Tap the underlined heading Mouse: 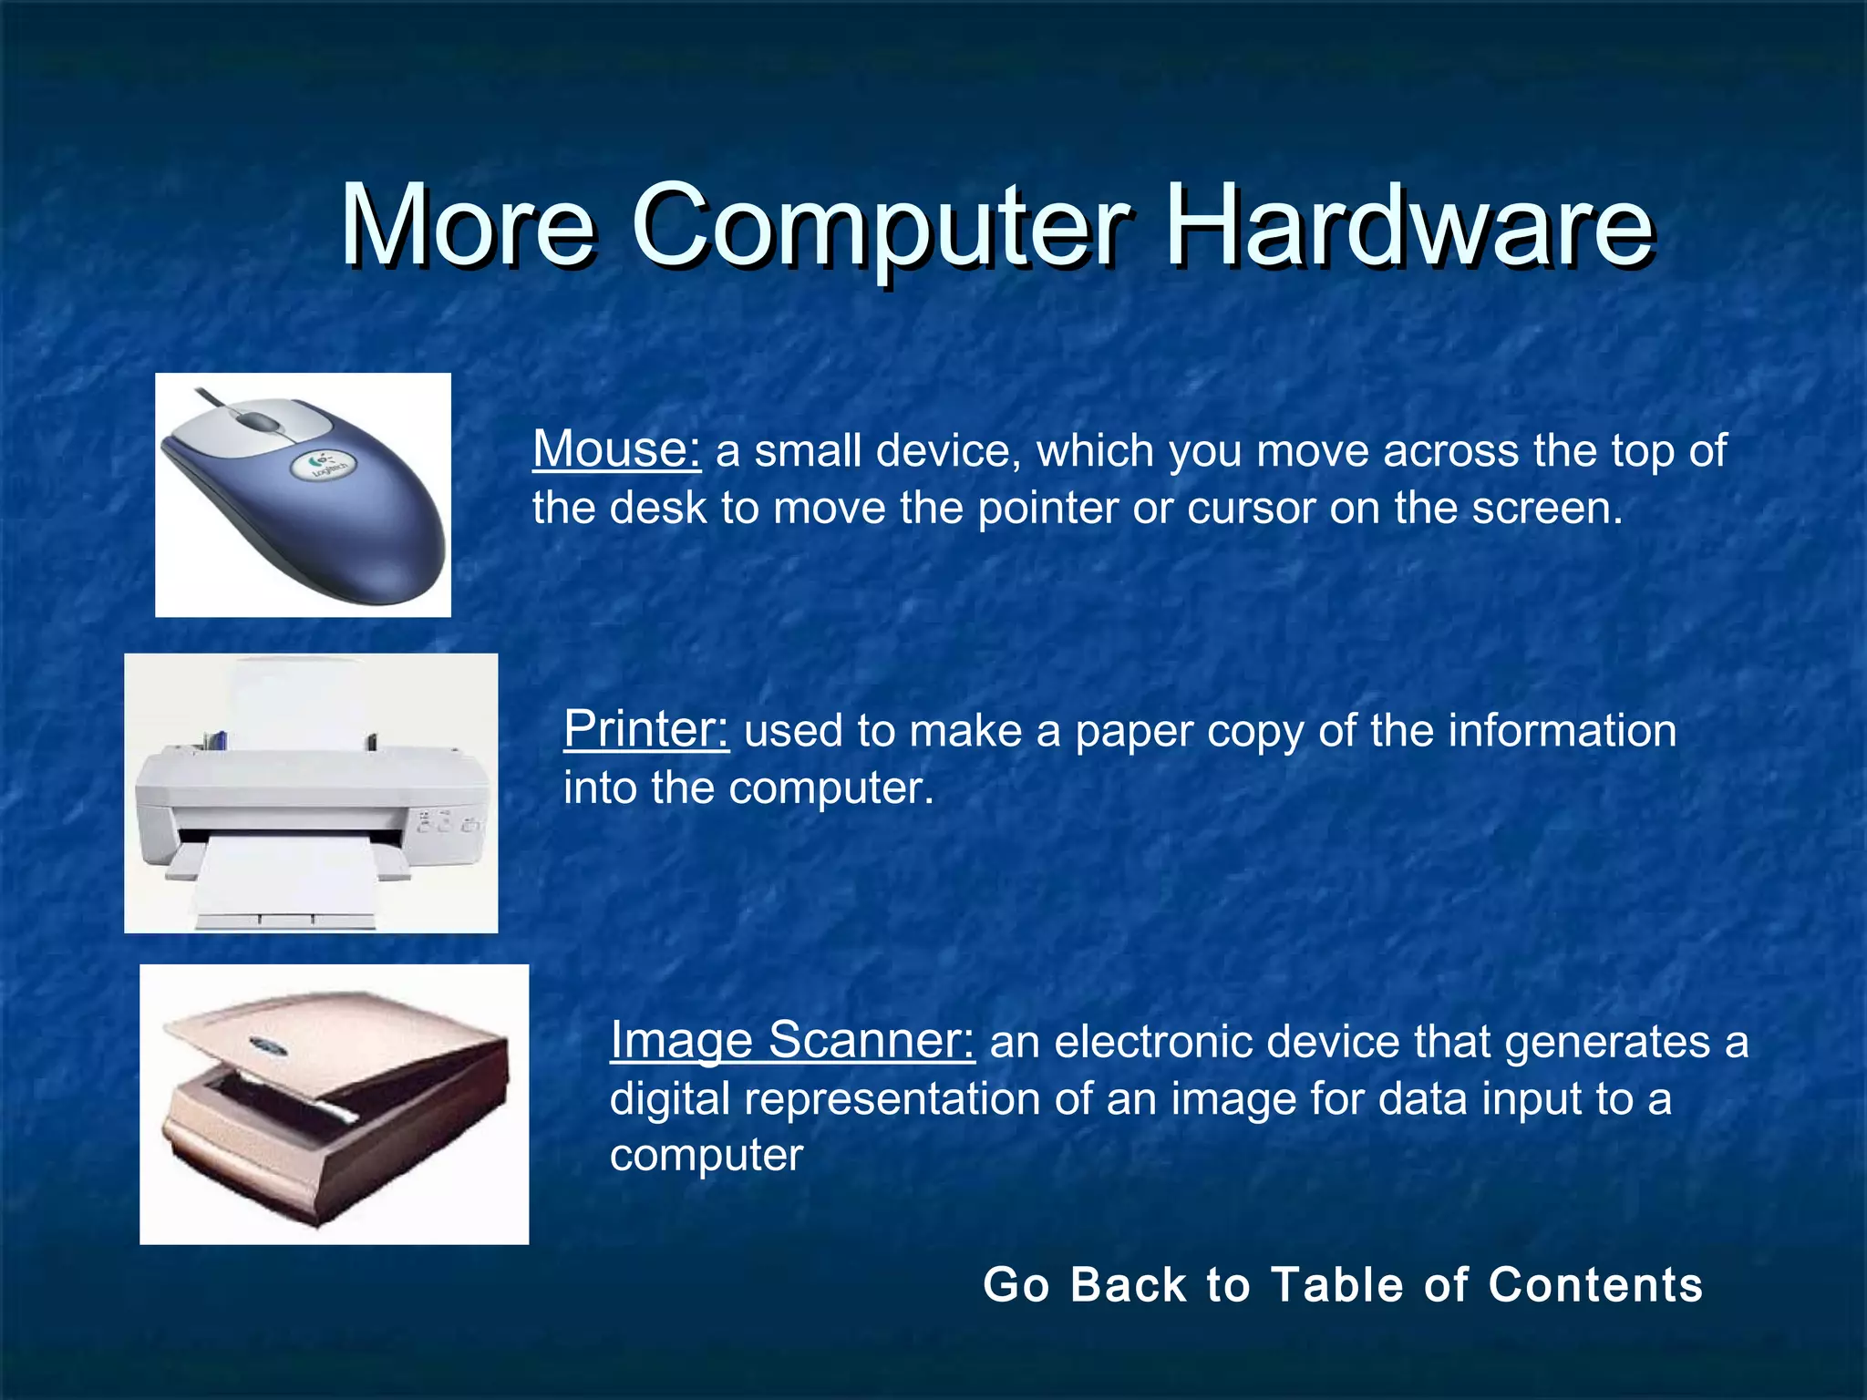coord(616,449)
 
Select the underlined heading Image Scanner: coord(791,1040)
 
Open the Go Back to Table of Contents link coord(1342,1284)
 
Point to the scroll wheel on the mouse coord(261,422)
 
